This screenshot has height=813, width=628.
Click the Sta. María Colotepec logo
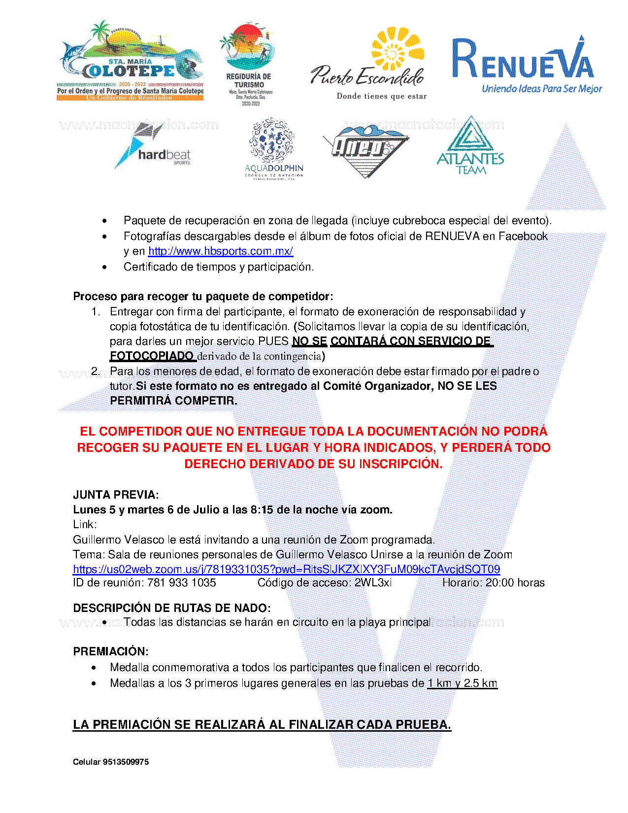coord(131,62)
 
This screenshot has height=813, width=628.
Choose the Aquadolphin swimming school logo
coord(274,148)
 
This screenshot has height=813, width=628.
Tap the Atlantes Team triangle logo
coord(470,146)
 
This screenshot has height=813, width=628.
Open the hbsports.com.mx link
coord(220,251)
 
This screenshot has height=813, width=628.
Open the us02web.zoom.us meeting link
coord(286,569)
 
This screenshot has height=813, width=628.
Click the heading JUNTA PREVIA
coord(116,495)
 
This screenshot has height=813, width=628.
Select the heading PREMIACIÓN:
coord(111,651)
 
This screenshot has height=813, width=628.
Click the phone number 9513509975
coord(126,762)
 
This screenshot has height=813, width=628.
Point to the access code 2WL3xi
coord(373,583)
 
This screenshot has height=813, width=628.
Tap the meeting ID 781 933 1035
coord(182,583)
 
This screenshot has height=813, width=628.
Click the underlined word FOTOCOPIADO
coord(152,356)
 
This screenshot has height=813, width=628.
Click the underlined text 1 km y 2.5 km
coord(462,683)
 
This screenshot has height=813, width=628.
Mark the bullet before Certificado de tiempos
coord(104,267)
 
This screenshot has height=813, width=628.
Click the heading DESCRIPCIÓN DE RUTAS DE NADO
coord(171,608)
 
